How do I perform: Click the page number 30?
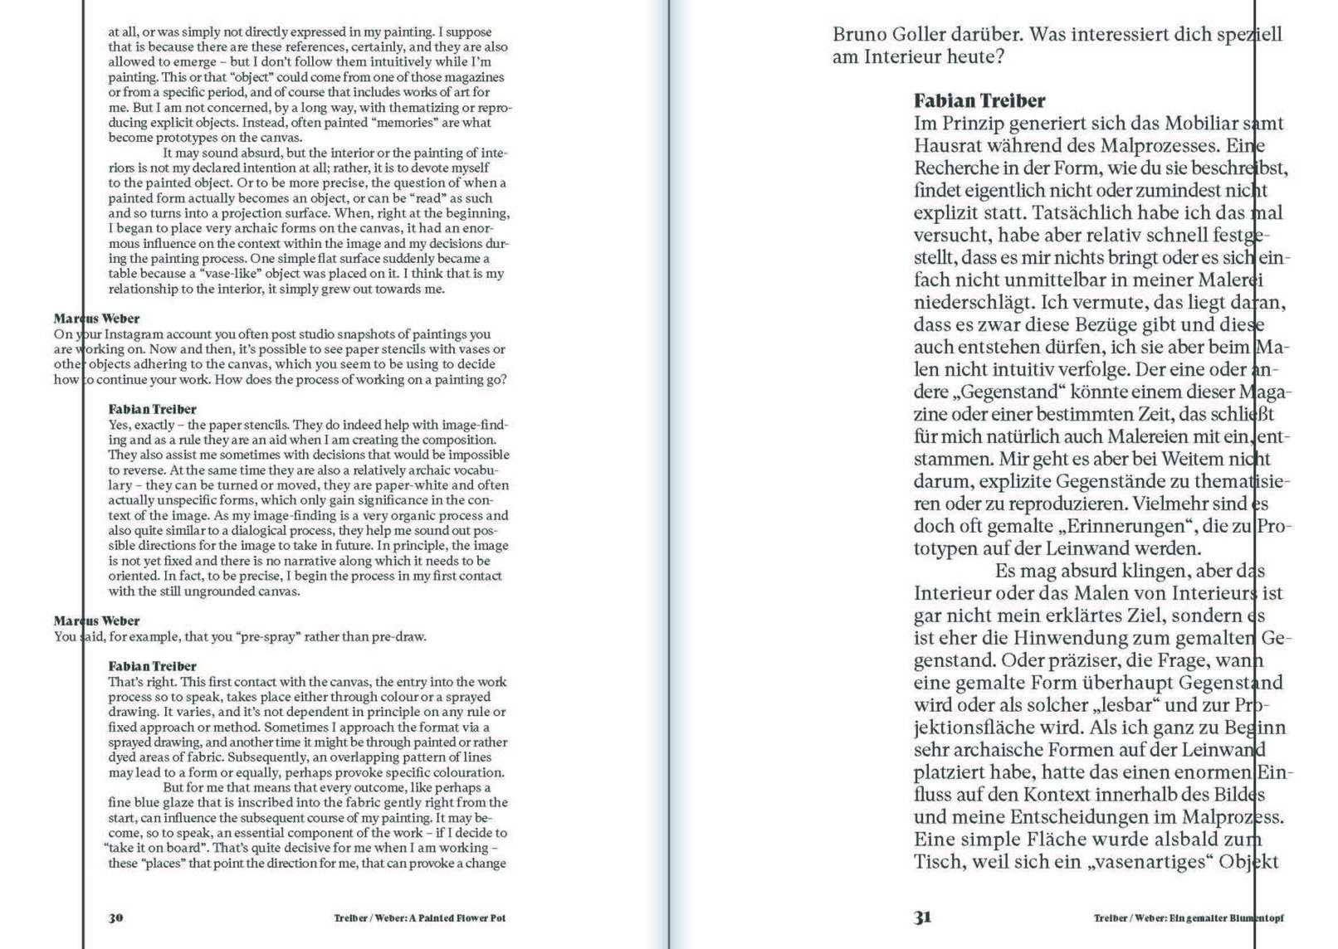[x=116, y=917]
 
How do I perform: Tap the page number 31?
[x=922, y=917]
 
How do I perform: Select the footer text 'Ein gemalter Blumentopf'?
[x=1223, y=918]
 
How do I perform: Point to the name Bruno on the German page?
[x=857, y=35]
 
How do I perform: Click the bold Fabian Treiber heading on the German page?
[x=979, y=101]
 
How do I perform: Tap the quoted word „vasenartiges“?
[x=1150, y=862]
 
